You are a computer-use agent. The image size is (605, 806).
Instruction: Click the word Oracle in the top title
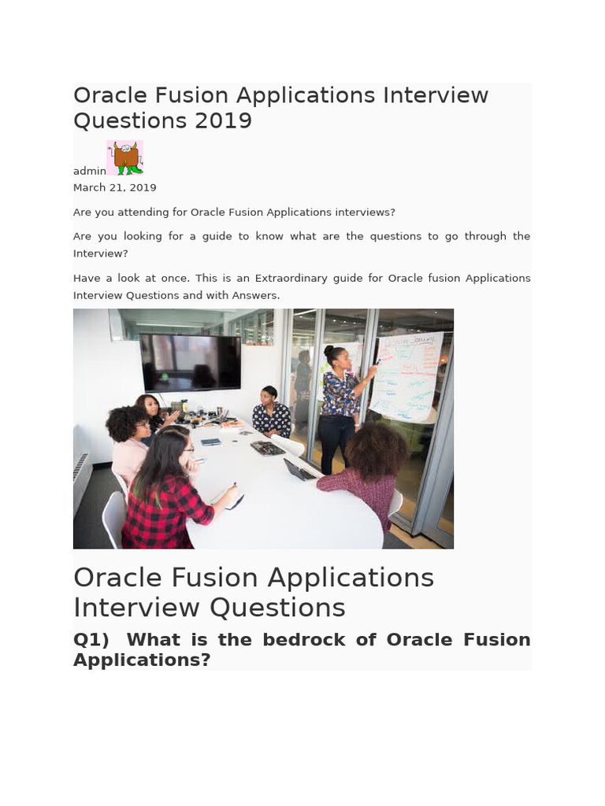109,95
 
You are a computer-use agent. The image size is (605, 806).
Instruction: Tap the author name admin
89,171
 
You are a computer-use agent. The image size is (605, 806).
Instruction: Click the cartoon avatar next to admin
125,157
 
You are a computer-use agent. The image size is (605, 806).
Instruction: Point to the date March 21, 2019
114,187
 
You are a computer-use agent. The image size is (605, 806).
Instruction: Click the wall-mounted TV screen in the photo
191,361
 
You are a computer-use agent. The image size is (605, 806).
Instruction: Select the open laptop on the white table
300,469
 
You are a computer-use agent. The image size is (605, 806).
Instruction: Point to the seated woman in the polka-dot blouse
271,413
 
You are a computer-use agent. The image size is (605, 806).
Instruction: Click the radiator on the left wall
81,480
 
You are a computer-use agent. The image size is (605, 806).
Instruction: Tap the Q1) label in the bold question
93,639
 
